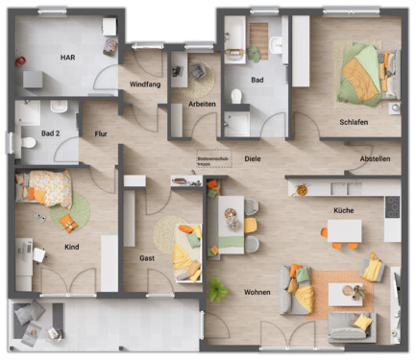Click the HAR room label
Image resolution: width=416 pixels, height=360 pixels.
pyautogui.click(x=67, y=57)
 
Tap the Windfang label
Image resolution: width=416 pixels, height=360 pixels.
pyautogui.click(x=145, y=85)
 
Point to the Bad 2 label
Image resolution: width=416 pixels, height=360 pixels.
pyautogui.click(x=52, y=133)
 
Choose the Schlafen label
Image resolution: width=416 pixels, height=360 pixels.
pyautogui.click(x=355, y=122)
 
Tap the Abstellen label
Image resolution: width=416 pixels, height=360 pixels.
pyautogui.click(x=375, y=158)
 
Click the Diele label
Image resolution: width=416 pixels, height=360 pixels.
pyautogui.click(x=253, y=157)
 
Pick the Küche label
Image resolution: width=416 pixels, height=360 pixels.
pyautogui.click(x=343, y=209)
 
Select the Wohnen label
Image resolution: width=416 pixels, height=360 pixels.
pyautogui.click(x=257, y=292)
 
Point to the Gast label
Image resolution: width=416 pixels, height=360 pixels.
pyautogui.click(x=147, y=258)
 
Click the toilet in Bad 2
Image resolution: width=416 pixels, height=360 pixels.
pyautogui.click(x=28, y=143)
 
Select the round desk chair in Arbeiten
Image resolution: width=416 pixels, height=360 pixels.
pyautogui.click(x=200, y=73)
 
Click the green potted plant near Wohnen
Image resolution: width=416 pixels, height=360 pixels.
pyautogui.click(x=219, y=287)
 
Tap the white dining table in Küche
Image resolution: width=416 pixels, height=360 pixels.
pyautogui.click(x=344, y=232)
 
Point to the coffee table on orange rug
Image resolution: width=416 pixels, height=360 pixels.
pyautogui.click(x=341, y=294)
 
